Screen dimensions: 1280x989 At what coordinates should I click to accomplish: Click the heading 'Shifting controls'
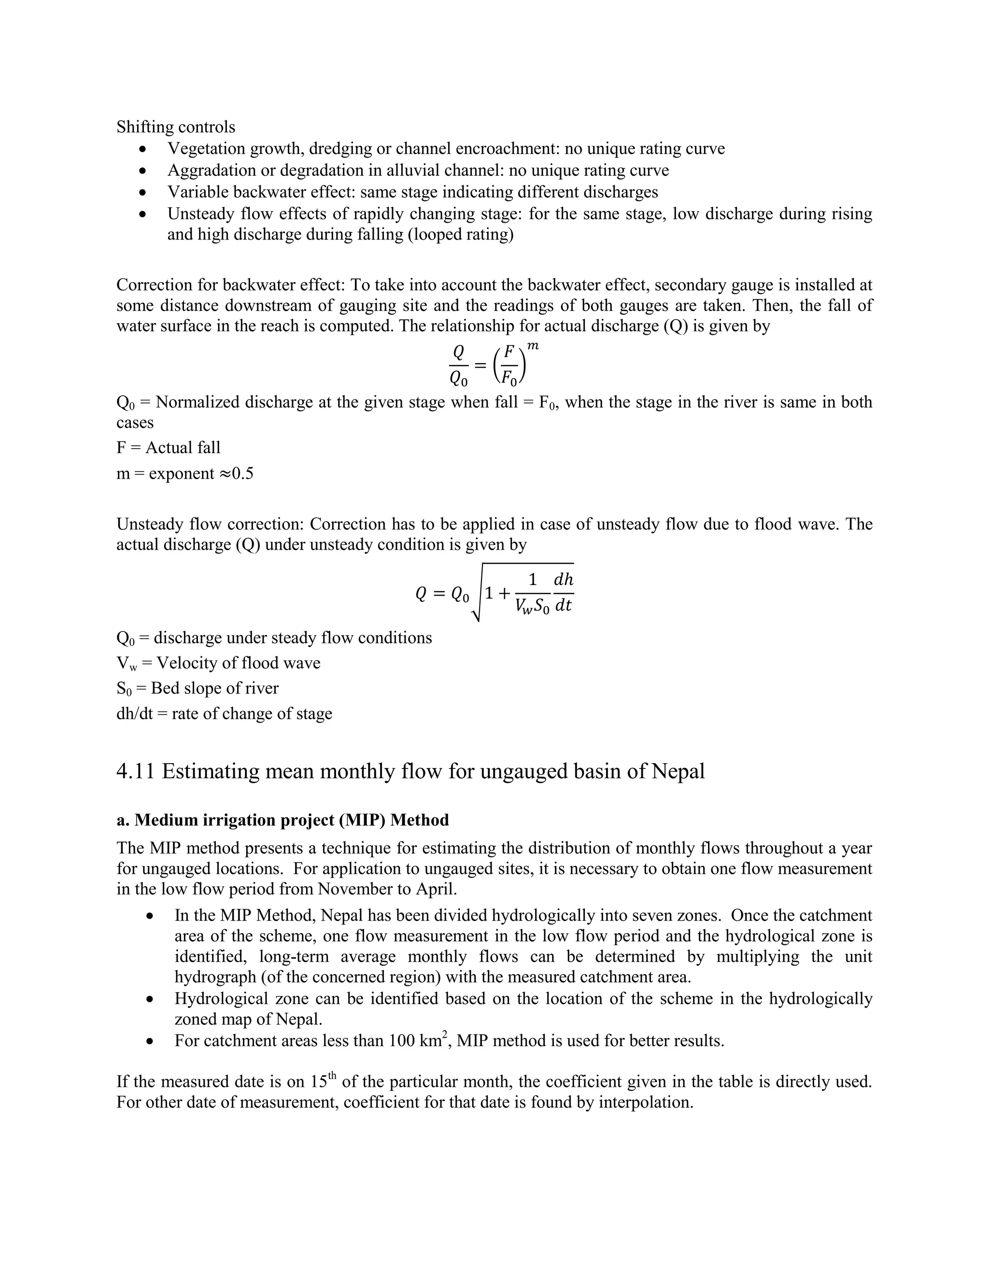click(176, 127)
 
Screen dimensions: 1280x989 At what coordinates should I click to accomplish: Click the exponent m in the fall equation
click(533, 347)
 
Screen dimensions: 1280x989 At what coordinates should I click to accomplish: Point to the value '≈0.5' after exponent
click(236, 473)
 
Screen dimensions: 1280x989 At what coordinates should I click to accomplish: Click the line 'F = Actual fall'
click(168, 448)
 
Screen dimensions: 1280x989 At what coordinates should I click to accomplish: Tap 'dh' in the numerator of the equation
click(563, 580)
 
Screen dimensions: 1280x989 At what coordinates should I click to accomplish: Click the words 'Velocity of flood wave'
click(239, 663)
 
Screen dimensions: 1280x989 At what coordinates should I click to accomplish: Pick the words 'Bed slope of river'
click(214, 688)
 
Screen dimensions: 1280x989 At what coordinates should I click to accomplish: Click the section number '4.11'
click(135, 771)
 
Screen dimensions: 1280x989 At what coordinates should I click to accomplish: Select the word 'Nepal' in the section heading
click(678, 771)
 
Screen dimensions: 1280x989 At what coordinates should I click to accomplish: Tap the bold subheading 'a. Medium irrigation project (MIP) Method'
click(283, 820)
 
